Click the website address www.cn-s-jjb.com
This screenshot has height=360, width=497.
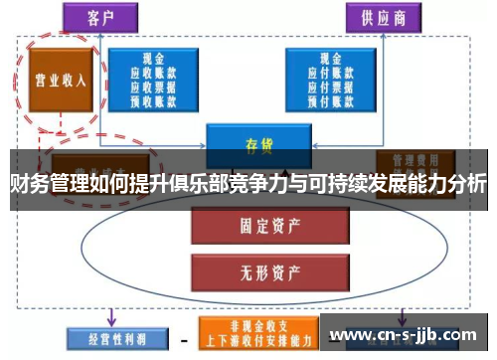[x=407, y=334]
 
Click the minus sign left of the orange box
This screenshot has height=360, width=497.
[x=184, y=337]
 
